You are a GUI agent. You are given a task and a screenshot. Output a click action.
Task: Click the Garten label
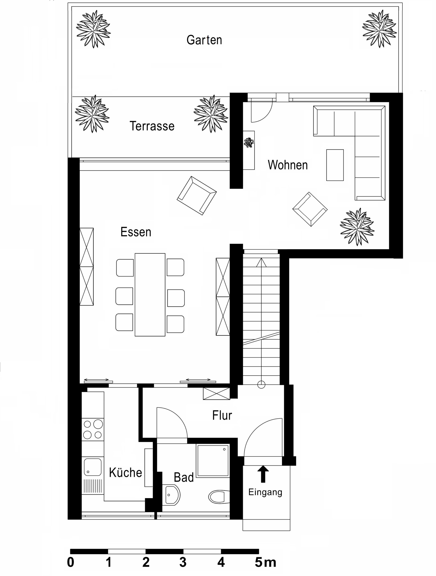pyautogui.click(x=204, y=40)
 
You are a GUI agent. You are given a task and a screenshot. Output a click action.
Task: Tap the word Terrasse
pyautogui.click(x=152, y=126)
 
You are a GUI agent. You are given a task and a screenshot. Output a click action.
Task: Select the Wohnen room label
pyautogui.click(x=288, y=165)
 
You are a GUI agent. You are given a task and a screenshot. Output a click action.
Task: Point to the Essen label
pyautogui.click(x=136, y=232)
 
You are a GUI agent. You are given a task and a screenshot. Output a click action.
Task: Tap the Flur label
pyautogui.click(x=222, y=415)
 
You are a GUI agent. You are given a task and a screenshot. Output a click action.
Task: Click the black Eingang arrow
pyautogui.click(x=263, y=474)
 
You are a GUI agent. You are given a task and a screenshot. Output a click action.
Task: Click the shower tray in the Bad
pyautogui.click(x=213, y=461)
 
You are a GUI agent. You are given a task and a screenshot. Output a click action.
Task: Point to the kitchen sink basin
pyautogui.click(x=92, y=467)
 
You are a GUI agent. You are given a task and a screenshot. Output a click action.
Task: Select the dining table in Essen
pyautogui.click(x=150, y=295)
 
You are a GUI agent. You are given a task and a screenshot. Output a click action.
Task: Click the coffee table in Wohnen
pyautogui.click(x=335, y=165)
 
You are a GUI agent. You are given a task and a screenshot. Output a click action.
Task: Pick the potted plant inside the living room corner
pyautogui.click(x=357, y=227)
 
